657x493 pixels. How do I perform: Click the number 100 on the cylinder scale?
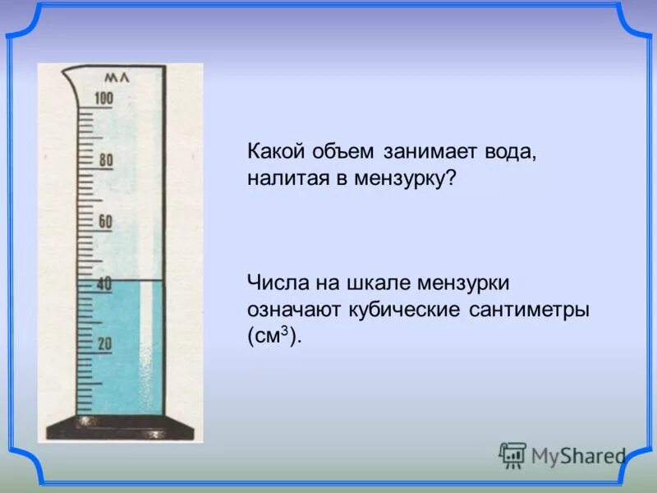(x=103, y=99)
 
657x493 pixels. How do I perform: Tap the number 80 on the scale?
(x=106, y=160)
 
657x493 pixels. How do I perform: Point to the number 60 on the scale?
(x=105, y=222)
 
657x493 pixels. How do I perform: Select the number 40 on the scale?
(x=104, y=283)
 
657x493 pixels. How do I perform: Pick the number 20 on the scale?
(x=104, y=344)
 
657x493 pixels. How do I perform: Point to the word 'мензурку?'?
(x=402, y=177)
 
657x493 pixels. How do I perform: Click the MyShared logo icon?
(x=512, y=454)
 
